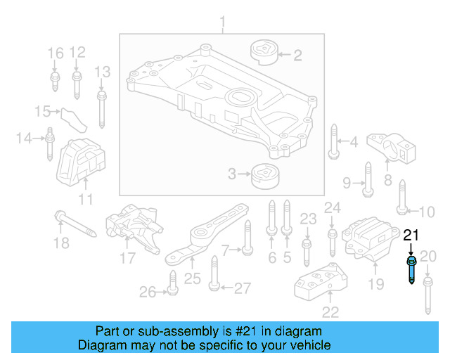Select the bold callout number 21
tap(411, 236)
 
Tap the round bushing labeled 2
tap(264, 53)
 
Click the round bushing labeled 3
tap(265, 174)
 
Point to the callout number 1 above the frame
tap(224, 25)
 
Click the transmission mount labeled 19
tap(369, 243)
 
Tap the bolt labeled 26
tap(171, 285)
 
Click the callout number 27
tap(242, 288)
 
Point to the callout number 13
tap(103, 72)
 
